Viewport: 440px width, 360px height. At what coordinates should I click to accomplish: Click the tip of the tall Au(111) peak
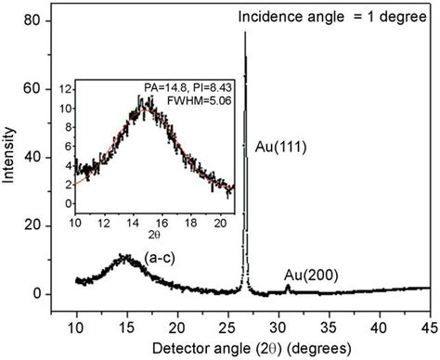pos(245,34)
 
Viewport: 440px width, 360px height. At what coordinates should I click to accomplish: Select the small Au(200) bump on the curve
pos(288,289)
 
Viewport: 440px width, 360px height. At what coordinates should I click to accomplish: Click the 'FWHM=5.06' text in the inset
pos(199,95)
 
